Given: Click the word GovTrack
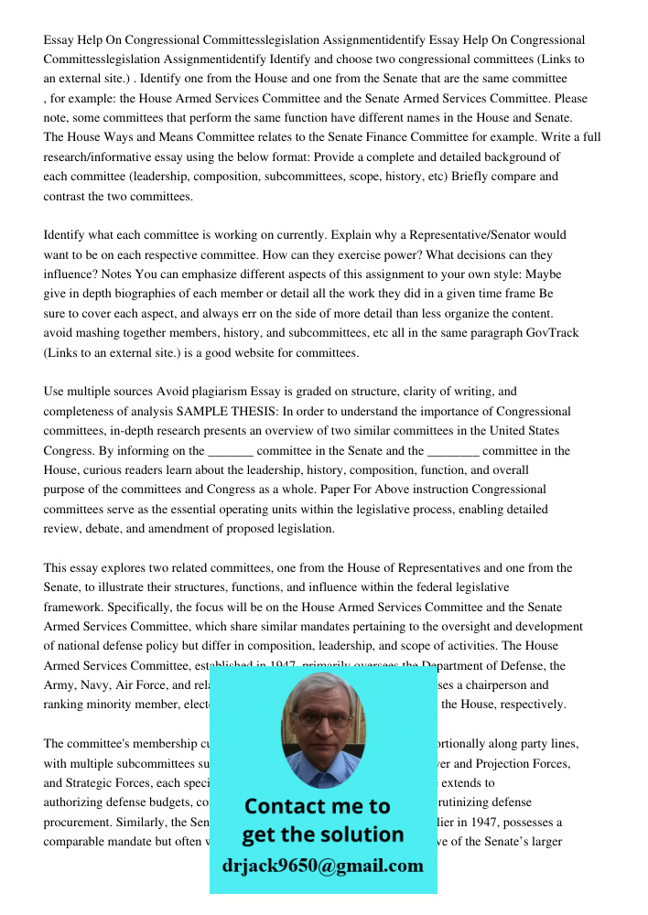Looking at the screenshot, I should (x=552, y=333).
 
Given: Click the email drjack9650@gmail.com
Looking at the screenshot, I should (x=322, y=866).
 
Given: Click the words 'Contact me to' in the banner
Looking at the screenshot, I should (x=318, y=806).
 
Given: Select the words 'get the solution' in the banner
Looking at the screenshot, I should (x=322, y=834).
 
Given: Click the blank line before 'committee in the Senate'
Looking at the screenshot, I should (x=231, y=451).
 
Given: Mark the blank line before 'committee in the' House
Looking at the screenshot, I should (x=453, y=451).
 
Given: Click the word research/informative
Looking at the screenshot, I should (x=97, y=157).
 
